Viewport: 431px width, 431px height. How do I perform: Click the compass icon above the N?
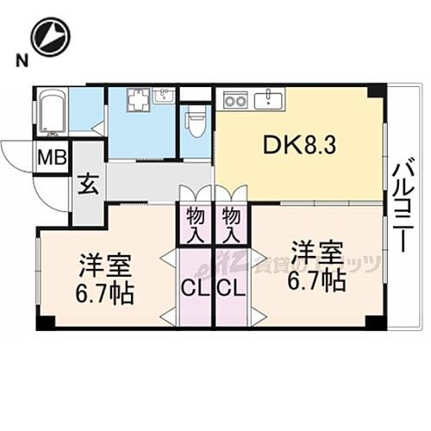point(50,38)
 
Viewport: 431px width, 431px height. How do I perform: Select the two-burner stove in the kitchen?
point(234,99)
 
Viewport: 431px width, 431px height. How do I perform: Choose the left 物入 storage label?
point(195,222)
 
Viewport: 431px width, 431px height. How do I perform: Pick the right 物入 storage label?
point(231,222)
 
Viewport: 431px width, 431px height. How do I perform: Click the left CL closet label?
point(195,288)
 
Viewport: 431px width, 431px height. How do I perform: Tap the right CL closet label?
point(231,288)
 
